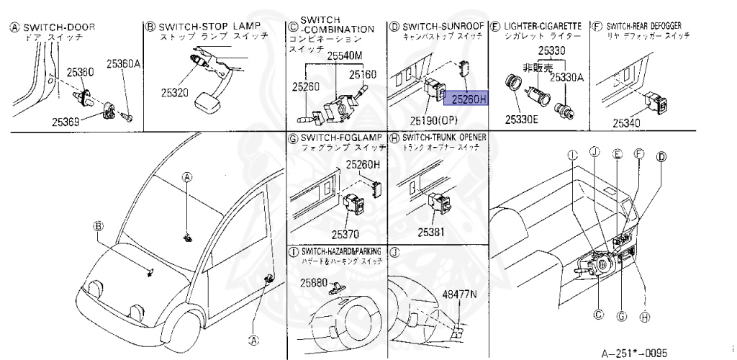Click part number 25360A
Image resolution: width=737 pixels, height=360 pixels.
click(x=123, y=64)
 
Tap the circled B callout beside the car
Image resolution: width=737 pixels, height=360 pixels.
click(x=98, y=226)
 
